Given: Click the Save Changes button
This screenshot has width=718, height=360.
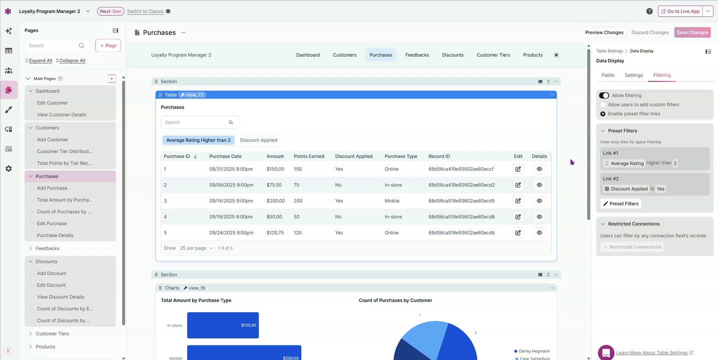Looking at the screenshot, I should tap(692, 32).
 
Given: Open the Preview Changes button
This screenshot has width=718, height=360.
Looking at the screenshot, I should tap(604, 32).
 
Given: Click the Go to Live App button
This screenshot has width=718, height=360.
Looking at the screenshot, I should tap(680, 11).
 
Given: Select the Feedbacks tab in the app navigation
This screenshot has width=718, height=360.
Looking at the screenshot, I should tap(417, 55).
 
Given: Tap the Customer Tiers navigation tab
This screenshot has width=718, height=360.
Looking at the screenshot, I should tap(493, 55).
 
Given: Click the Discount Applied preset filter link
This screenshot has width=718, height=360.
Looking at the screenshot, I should tap(258, 140).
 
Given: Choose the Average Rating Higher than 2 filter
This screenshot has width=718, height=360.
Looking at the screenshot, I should tap(198, 140).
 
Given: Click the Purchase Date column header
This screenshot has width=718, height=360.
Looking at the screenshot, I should tap(225, 156).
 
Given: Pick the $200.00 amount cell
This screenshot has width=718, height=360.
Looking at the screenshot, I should tap(275, 201).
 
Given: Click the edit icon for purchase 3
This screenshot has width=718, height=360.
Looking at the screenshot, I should tap(518, 201).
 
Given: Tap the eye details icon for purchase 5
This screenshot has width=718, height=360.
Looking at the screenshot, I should tap(539, 232).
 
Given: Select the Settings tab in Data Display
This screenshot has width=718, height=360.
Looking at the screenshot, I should tap(633, 75).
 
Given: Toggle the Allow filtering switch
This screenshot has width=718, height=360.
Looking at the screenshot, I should tap(604, 95).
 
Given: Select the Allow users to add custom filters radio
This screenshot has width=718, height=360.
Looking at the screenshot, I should tap(603, 105).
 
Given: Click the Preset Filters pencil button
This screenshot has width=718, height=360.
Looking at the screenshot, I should tap(620, 204).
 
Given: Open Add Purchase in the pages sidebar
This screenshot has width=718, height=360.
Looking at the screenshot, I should tap(52, 188).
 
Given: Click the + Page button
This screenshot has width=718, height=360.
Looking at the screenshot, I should tap(108, 45).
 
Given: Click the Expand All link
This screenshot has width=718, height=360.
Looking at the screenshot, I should tap(39, 61).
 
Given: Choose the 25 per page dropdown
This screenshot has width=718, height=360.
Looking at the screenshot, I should tap(197, 248).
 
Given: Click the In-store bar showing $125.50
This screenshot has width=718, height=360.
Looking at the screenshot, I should tap(223, 325).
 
